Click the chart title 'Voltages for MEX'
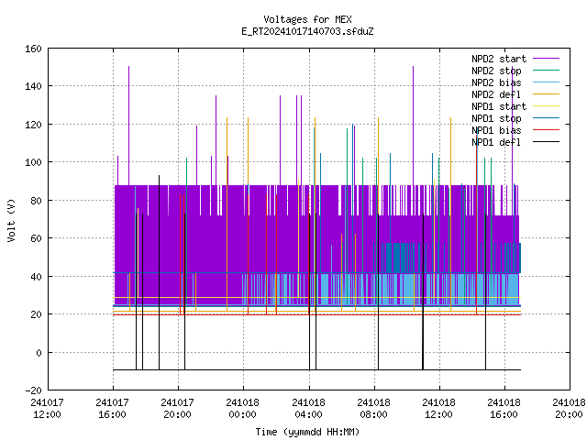click(x=307, y=19)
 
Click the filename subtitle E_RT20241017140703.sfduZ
click(x=307, y=31)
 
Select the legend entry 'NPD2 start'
click(x=499, y=59)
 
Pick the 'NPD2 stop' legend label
click(x=496, y=71)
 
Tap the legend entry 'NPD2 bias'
click(x=496, y=82)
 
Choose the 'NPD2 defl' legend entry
click(x=496, y=94)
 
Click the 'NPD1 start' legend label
click(x=499, y=106)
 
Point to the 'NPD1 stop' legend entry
click(x=496, y=118)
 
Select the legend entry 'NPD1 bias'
click(x=496, y=130)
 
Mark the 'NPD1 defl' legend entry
click(x=496, y=142)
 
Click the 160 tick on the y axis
click(x=33, y=49)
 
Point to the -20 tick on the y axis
click(x=33, y=390)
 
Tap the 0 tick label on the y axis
click(x=39, y=352)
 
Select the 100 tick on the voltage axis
click(x=33, y=162)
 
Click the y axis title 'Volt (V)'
click(x=11, y=220)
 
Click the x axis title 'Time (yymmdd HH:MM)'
click(x=307, y=432)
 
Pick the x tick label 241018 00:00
click(x=242, y=409)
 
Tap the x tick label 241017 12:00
click(x=47, y=409)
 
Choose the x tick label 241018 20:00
click(x=569, y=409)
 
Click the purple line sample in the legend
click(x=546, y=59)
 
